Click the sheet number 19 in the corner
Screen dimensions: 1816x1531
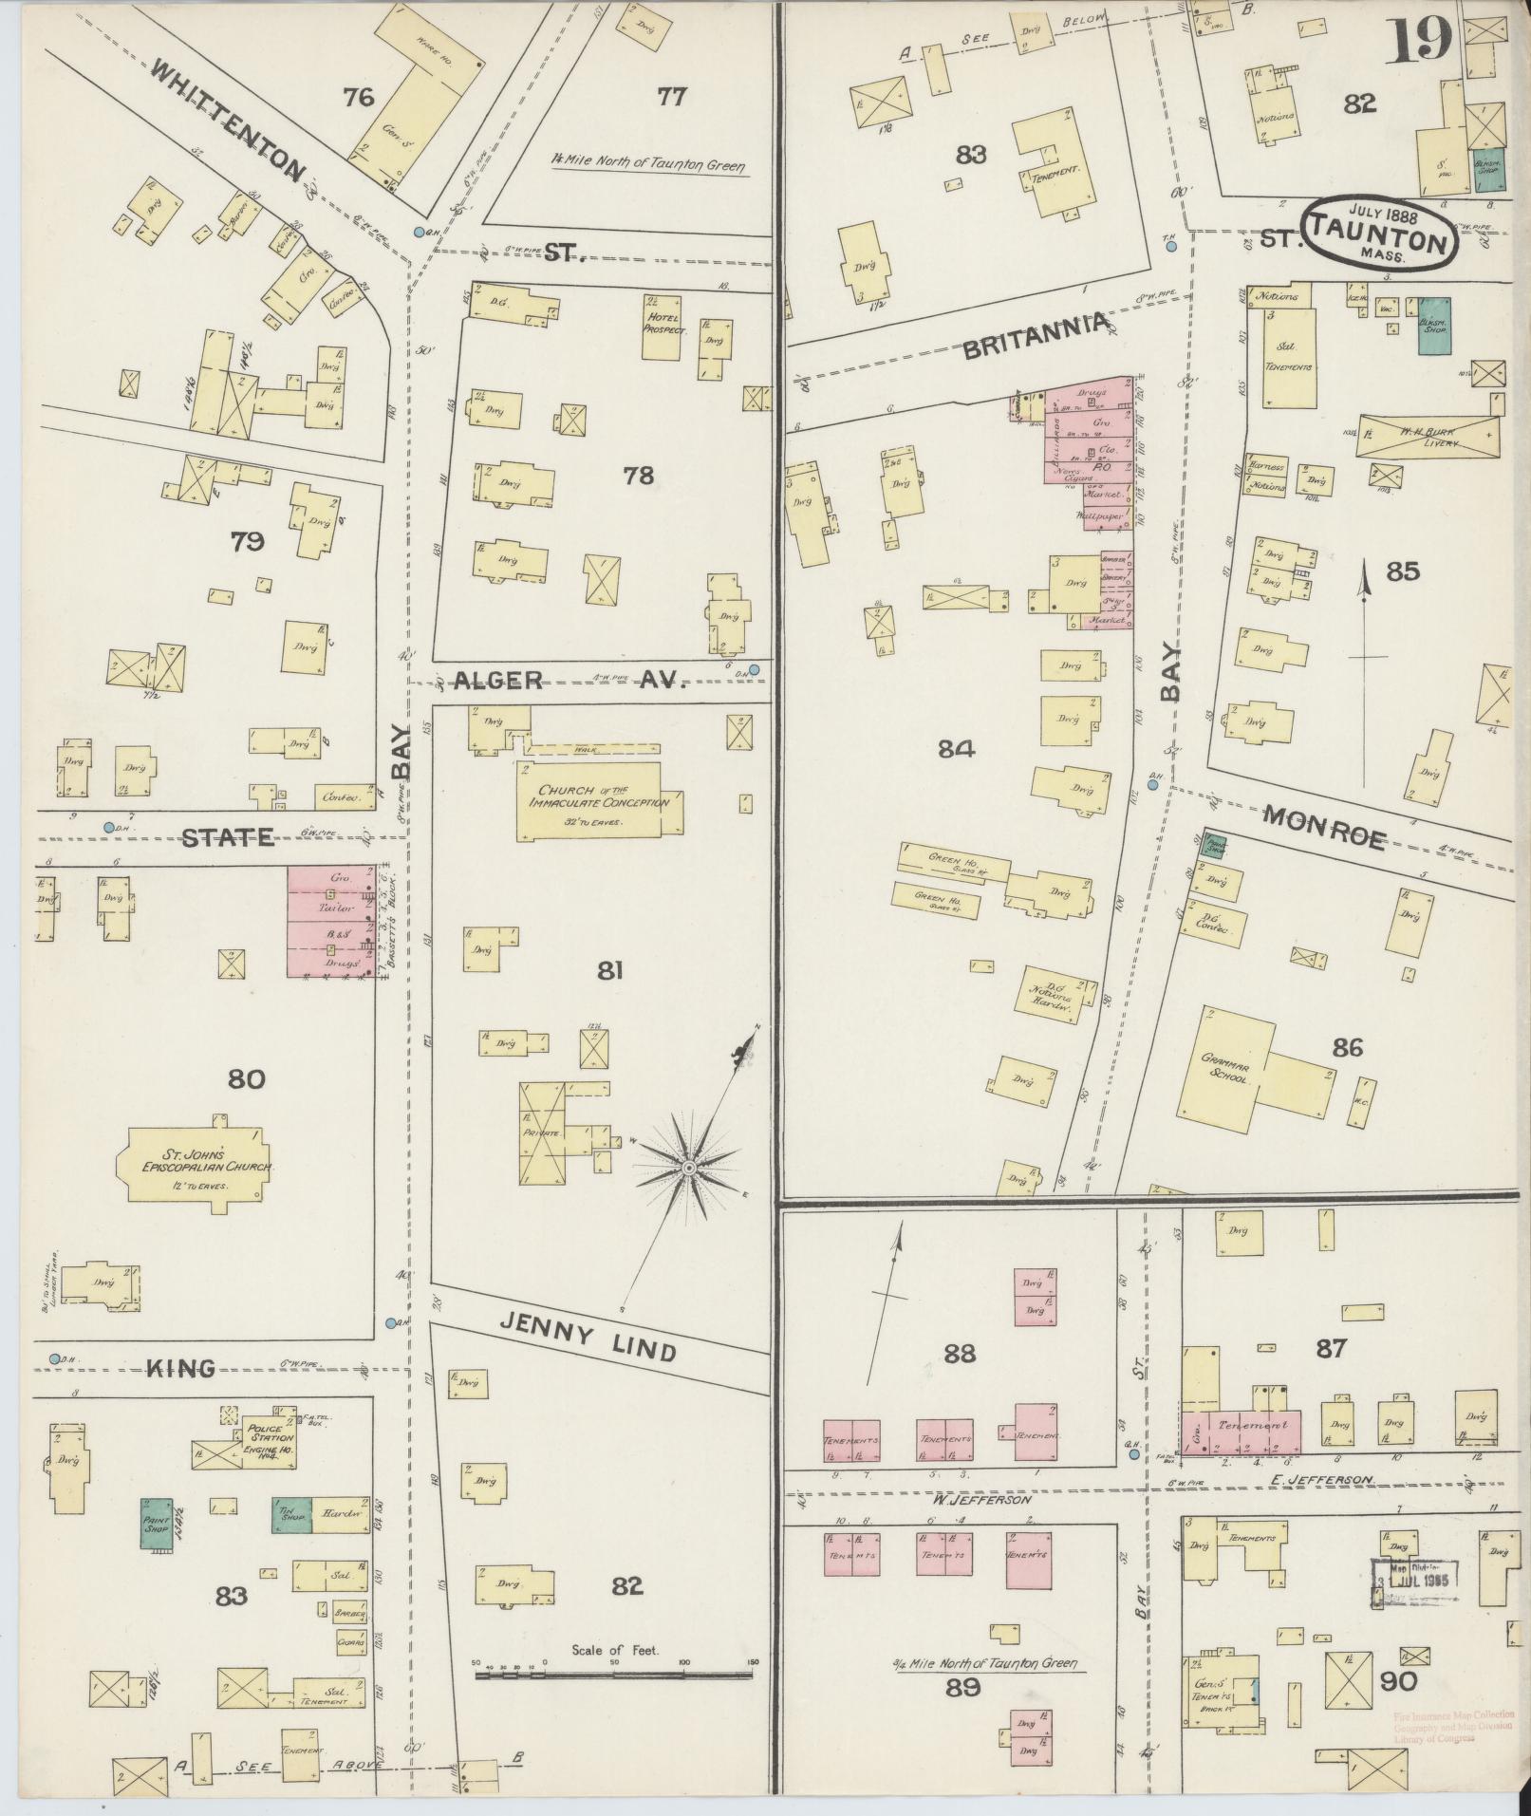[x=1420, y=40]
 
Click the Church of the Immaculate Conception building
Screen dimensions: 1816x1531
[x=600, y=800]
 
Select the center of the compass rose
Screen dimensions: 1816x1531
[x=690, y=1165]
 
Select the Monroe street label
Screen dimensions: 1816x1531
[x=1325, y=826]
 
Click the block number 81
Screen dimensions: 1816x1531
[x=608, y=969]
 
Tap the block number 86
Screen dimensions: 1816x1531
[x=1347, y=1047]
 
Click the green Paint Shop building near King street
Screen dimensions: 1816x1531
[x=157, y=1524]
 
